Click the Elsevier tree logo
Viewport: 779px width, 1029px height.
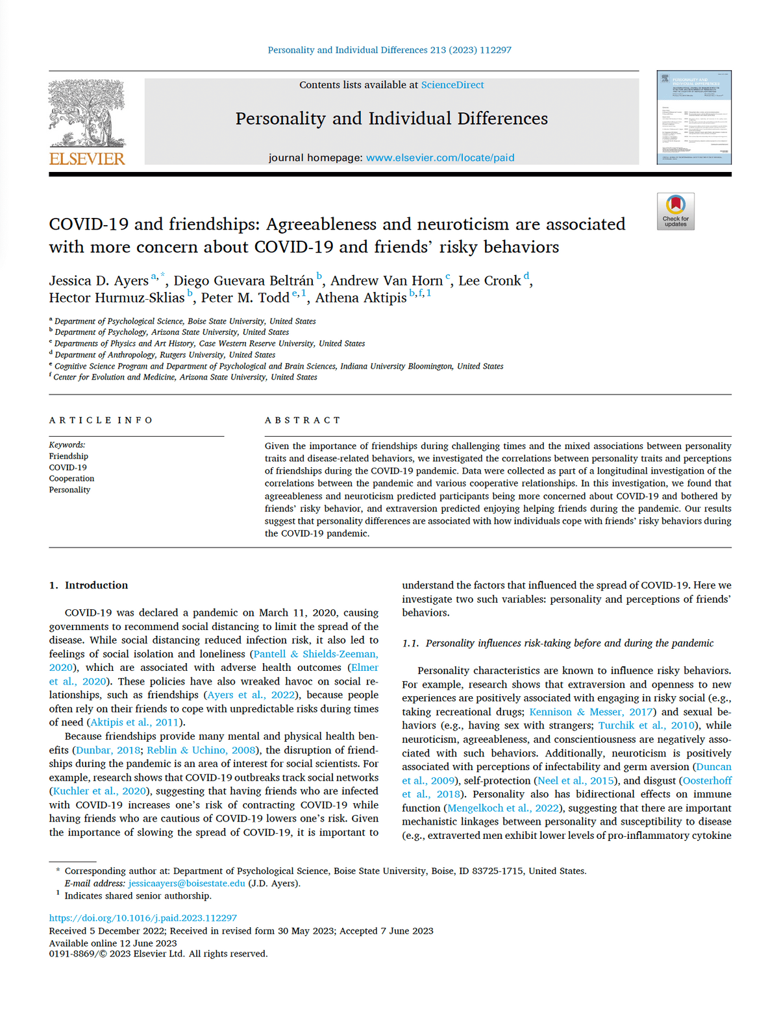click(87, 114)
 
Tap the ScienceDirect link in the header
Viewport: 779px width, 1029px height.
click(452, 85)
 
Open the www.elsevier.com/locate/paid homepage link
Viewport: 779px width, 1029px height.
click(440, 158)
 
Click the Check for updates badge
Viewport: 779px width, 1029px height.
click(675, 212)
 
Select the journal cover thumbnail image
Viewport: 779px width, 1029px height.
click(693, 117)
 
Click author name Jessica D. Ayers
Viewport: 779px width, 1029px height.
click(99, 281)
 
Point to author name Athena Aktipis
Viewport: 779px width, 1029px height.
click(361, 298)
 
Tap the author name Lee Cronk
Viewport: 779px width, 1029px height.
click(489, 281)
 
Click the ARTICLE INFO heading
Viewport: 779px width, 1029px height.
click(101, 420)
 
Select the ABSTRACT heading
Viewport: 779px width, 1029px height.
click(303, 420)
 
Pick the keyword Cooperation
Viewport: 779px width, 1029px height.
click(71, 479)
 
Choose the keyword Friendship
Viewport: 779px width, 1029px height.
click(68, 456)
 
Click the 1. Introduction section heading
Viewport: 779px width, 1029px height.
click(88, 585)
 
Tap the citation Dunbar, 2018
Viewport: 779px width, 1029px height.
click(108, 751)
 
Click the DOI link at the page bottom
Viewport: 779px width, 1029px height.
click(143, 919)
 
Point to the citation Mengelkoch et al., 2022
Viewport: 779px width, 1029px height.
click(501, 808)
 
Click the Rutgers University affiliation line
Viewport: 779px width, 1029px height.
click(165, 355)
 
